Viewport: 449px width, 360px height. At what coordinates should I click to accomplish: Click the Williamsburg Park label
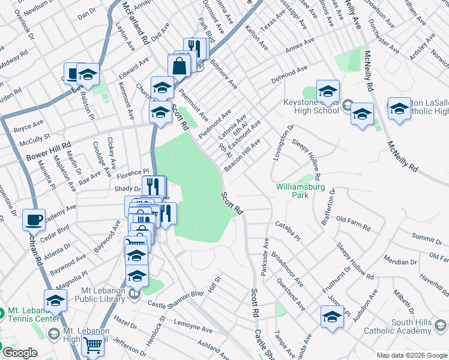pyautogui.click(x=292, y=191)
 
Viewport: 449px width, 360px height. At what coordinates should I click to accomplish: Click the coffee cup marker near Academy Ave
pyautogui.click(x=34, y=220)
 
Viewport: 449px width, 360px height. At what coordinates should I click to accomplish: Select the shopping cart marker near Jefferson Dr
pyautogui.click(x=92, y=346)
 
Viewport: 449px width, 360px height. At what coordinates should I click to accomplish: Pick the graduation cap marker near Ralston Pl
pyautogui.click(x=88, y=74)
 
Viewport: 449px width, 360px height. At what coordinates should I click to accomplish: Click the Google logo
pyautogui.click(x=19, y=353)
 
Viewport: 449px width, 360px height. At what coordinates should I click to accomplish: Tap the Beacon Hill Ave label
pyautogui.click(x=243, y=154)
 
